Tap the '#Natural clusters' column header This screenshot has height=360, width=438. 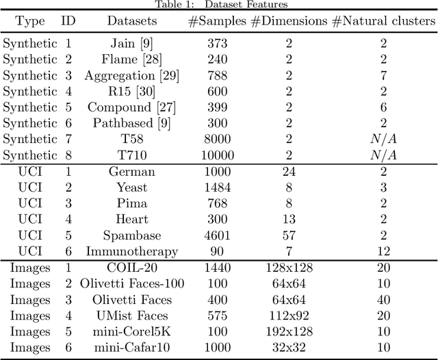[x=383, y=21]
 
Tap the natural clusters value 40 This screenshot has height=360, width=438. [x=383, y=300]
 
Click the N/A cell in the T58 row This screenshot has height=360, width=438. [x=383, y=139]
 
